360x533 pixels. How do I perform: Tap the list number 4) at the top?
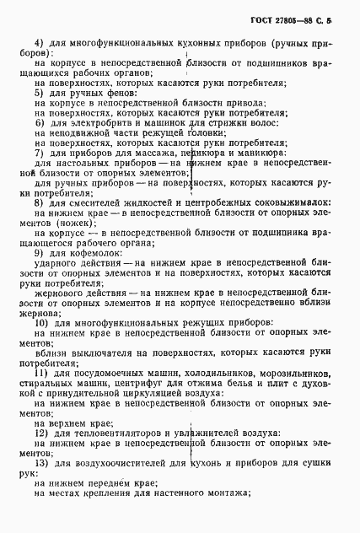coord(39,41)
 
